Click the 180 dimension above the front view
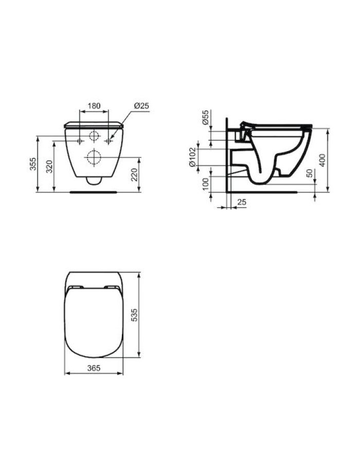(94, 105)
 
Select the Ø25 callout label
(141, 105)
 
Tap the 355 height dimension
(32, 164)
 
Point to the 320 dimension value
(49, 166)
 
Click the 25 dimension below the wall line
(242, 202)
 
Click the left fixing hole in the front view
(79, 141)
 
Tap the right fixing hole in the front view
(108, 141)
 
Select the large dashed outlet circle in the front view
(94, 157)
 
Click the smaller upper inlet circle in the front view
(94, 137)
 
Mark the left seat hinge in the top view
(75, 287)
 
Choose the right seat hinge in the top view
(111, 287)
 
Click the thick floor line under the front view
(93, 192)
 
